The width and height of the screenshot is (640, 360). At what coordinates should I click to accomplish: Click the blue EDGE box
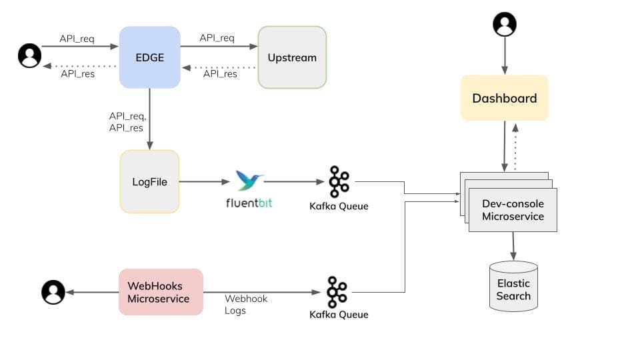(x=150, y=57)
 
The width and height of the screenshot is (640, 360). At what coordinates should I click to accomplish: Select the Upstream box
(x=292, y=57)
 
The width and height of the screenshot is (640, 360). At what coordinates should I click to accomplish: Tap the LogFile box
(x=149, y=181)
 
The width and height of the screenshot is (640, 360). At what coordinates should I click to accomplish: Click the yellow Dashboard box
(x=504, y=98)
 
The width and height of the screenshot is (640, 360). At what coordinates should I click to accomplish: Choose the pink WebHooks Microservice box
(x=161, y=292)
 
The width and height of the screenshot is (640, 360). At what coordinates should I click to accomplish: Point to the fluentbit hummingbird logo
(x=249, y=180)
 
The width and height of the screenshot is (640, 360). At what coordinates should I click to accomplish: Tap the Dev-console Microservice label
(x=513, y=210)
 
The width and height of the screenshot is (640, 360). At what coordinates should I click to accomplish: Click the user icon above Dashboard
(x=505, y=25)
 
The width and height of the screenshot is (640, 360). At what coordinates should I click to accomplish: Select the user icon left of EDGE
(x=29, y=56)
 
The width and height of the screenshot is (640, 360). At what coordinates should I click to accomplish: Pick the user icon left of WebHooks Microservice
(x=53, y=292)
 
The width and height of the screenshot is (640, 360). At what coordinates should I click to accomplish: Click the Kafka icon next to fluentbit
(x=339, y=181)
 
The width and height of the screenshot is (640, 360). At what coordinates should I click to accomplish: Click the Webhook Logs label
(x=245, y=305)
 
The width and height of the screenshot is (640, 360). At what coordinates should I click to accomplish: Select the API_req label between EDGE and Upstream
(x=217, y=38)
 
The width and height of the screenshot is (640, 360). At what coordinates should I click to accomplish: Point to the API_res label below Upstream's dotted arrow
(x=220, y=74)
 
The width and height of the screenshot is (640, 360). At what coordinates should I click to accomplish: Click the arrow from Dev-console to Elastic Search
(x=513, y=246)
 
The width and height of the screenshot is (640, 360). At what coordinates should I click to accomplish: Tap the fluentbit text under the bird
(x=249, y=202)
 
